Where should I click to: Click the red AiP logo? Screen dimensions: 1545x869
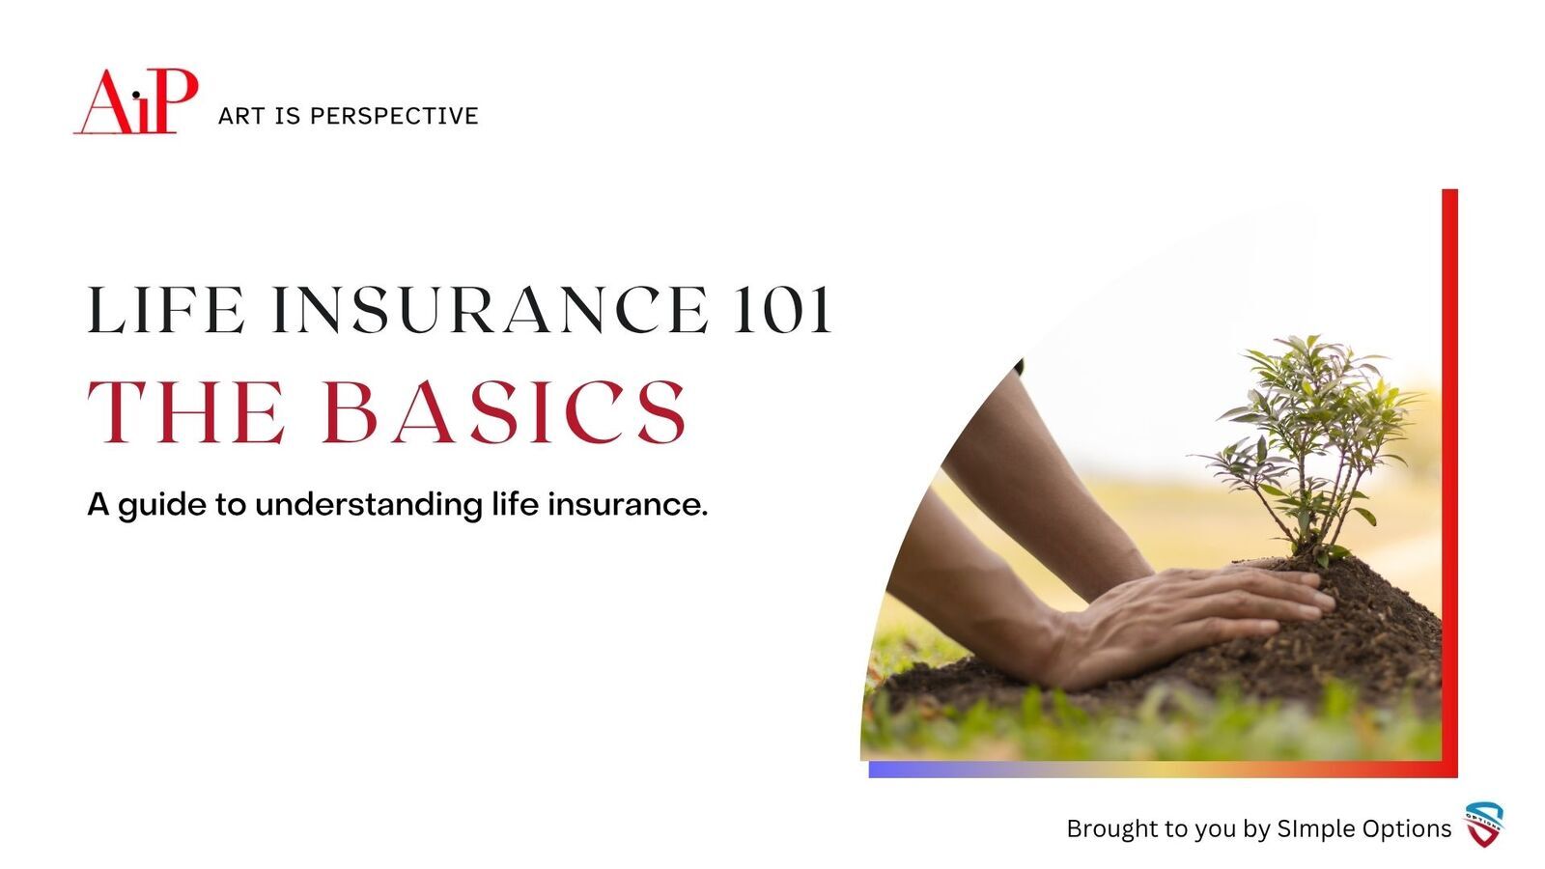tap(136, 101)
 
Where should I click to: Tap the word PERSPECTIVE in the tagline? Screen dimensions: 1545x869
tap(394, 116)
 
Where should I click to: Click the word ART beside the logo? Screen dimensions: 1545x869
tap(241, 116)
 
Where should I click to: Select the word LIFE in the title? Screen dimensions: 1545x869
tap(166, 310)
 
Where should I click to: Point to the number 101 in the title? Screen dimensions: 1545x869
tap(782, 310)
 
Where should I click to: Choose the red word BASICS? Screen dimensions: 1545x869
tap(504, 411)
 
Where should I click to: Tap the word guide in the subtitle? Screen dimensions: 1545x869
tap(162, 506)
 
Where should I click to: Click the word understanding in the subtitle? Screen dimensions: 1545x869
tap(369, 506)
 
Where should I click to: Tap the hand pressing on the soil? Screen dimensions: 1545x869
tap(1187, 624)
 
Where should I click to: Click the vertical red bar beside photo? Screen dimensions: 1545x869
tap(1449, 483)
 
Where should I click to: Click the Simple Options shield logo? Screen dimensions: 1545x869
tap(1484, 825)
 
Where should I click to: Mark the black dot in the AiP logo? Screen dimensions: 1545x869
tap(136, 95)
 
